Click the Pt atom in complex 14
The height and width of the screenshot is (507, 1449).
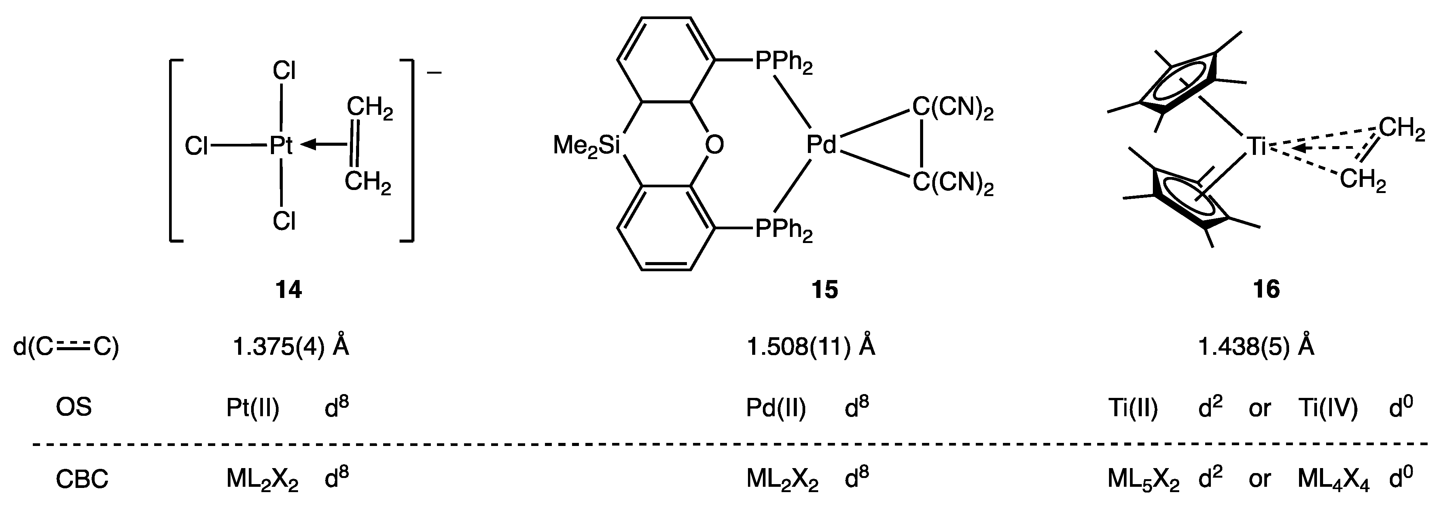pos(281,146)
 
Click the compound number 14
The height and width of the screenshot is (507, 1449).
pos(289,290)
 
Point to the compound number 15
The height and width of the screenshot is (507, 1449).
pos(825,290)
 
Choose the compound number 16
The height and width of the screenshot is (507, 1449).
pos(1266,290)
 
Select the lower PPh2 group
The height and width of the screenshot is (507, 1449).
pos(783,230)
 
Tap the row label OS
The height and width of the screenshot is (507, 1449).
pos(74,407)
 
